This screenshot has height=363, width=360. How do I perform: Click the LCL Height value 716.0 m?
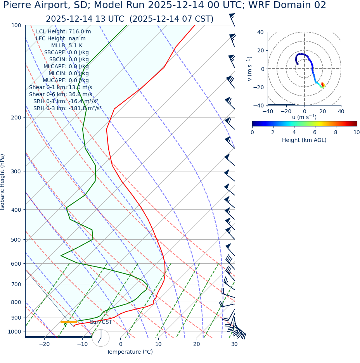[80, 32]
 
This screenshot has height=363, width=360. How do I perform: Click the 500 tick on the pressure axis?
[16, 240]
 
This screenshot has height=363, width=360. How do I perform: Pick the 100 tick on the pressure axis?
[16, 25]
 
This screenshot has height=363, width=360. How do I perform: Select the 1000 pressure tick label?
[14, 332]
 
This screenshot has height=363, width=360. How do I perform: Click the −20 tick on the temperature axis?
[44, 344]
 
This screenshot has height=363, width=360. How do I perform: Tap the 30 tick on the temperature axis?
[234, 344]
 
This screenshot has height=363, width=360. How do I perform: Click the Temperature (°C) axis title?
[130, 352]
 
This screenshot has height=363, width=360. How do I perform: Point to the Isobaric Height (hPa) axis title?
[3, 182]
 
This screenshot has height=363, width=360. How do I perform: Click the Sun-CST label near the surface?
[101, 322]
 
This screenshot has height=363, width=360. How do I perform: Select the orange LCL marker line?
[69, 322]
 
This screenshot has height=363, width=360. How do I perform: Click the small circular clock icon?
[100, 338]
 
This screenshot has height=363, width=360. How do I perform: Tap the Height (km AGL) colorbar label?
[304, 140]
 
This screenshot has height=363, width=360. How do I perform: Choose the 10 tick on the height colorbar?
[356, 132]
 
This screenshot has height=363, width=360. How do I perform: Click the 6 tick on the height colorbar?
[315, 132]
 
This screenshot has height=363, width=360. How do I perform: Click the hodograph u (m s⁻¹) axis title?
[304, 117]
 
